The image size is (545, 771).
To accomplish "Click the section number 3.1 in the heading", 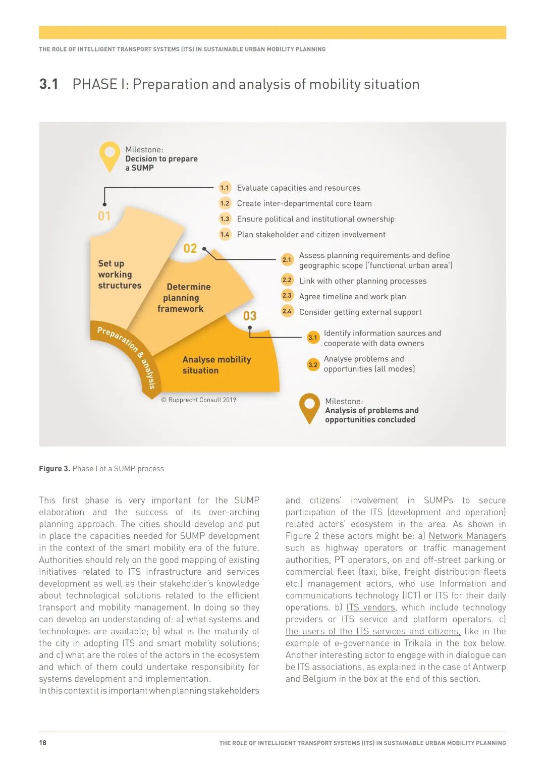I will [49, 84].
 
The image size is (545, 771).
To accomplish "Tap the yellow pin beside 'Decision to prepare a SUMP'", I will [110, 155].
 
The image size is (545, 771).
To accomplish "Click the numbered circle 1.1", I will [225, 188].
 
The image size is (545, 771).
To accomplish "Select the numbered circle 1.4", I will [225, 235].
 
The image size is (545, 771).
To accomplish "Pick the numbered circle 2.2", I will [287, 280].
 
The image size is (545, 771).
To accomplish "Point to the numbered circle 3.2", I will [313, 364].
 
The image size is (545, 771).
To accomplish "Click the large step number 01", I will [104, 216].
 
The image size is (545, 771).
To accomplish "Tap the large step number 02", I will [190, 248].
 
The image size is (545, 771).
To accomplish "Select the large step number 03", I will [250, 316].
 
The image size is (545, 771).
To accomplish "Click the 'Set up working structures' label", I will [120, 274].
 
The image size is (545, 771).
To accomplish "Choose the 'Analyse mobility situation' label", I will [216, 365].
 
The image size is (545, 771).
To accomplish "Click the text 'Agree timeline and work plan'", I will [352, 297].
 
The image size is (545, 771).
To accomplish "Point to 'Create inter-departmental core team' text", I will [304, 203].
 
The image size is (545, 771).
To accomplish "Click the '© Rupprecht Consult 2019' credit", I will [198, 400].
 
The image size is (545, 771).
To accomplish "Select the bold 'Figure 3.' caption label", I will [54, 469].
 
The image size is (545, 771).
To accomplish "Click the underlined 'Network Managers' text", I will [467, 536].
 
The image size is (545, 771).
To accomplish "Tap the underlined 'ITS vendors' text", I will [370, 608].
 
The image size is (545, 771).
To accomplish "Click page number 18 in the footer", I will [43, 743].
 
